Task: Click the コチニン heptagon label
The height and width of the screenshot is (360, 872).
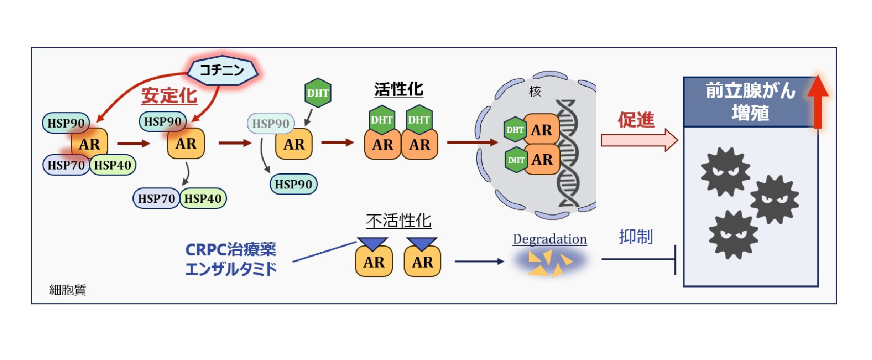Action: pos(222,70)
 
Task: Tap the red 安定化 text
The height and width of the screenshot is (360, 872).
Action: pos(169,95)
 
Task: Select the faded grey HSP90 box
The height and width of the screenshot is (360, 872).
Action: pos(271,124)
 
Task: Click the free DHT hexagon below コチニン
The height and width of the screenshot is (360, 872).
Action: pos(318,92)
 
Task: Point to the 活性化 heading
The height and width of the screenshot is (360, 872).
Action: pos(398,89)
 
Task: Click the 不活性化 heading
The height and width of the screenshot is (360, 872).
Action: pos(398,221)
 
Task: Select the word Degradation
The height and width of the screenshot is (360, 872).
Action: pos(550,239)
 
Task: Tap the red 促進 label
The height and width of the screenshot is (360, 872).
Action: pos(636,120)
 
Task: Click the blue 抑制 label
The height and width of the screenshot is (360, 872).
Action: pos(635,236)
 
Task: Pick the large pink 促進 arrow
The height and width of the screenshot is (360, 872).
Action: pos(639,140)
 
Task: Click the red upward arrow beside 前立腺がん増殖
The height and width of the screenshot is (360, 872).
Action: pos(818,102)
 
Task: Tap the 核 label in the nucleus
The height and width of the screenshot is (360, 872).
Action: pos(535,91)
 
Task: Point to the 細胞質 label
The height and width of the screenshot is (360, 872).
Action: pos(67,290)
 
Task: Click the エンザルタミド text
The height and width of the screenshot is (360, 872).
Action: pos(231,269)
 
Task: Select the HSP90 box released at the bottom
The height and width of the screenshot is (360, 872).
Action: pos(294,184)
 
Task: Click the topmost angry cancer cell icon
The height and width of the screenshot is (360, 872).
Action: pos(725,172)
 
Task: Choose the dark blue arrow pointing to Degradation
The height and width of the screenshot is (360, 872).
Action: pos(480,261)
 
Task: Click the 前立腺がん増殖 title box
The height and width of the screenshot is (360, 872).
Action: pos(749,102)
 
